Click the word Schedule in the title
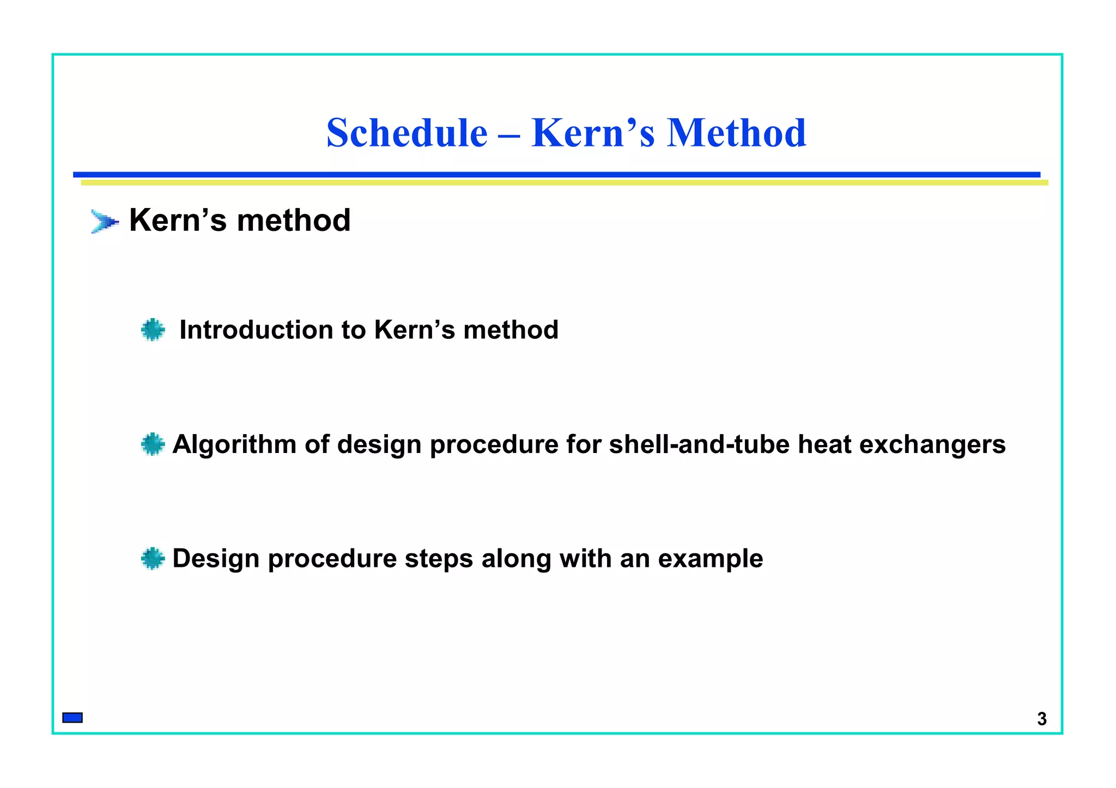pos(407,133)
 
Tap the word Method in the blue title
pos(736,133)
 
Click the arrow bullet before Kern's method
pos(104,222)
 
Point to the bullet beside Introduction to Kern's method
pos(153,330)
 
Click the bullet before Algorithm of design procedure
pos(153,444)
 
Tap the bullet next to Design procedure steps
pos(153,559)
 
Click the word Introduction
pos(256,330)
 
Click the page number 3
pos(1042,719)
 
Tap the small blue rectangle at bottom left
pos(72,718)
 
